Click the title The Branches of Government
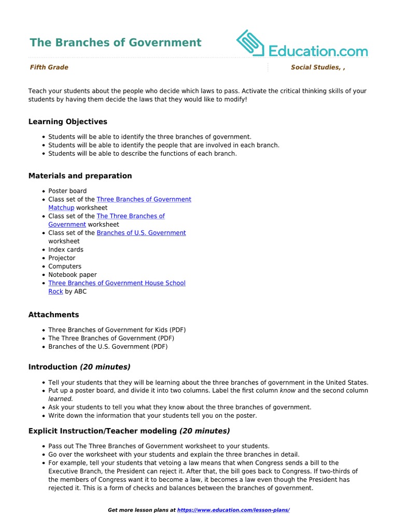click(115, 43)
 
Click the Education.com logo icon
click(251, 43)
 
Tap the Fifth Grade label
click(49, 67)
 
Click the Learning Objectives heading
click(67, 122)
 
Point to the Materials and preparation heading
click(80, 176)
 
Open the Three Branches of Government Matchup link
click(144, 199)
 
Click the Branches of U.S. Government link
click(141, 233)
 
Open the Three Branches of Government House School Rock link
click(117, 283)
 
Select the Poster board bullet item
click(67, 191)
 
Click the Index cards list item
click(66, 249)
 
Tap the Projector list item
click(62, 258)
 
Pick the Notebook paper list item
click(73, 275)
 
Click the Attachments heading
click(53, 315)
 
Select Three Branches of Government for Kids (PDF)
click(117, 330)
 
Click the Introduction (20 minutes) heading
click(79, 367)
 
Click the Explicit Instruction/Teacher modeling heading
click(129, 431)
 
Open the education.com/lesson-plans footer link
click(233, 510)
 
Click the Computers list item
click(65, 267)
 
